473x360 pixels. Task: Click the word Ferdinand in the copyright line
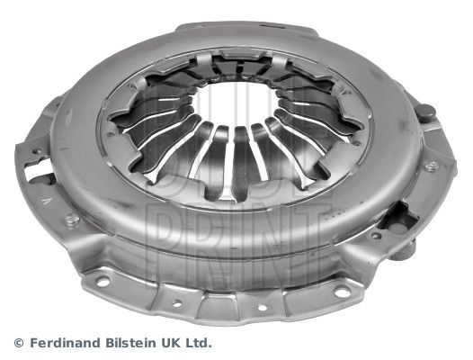coord(65,343)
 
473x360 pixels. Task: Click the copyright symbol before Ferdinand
coord(19,343)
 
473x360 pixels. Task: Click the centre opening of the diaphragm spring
coord(235,102)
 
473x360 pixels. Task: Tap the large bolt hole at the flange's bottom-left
coord(103,282)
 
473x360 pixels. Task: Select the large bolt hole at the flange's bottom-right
coord(343,292)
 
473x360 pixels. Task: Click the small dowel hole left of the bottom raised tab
coord(177,303)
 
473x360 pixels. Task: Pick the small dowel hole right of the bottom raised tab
coord(263,308)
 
